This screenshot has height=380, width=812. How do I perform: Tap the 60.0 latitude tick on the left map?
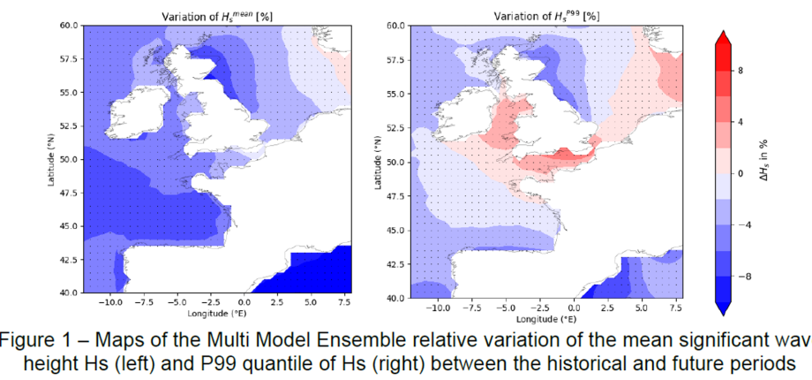tap(69, 26)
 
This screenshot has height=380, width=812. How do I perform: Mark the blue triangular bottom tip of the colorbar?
tap(722, 308)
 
